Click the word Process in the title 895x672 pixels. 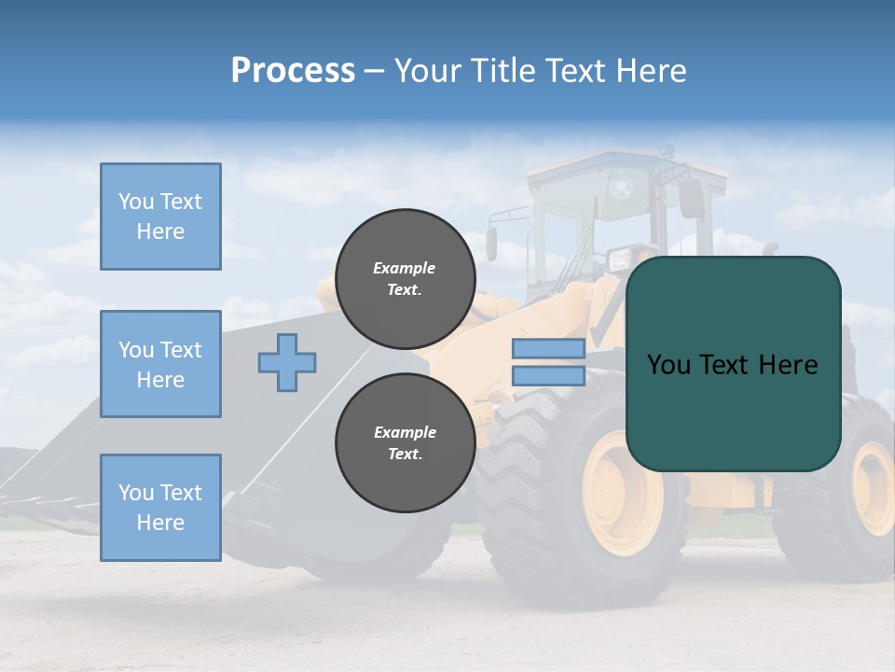[x=293, y=71]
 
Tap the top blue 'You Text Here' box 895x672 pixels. [x=160, y=217]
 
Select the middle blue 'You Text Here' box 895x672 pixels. [x=160, y=364]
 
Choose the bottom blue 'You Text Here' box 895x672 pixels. [x=160, y=508]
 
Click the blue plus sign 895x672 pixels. [x=287, y=362]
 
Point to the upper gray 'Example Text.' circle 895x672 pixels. [x=405, y=279]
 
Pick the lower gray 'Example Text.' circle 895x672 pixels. [x=405, y=443]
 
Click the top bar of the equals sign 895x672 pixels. [x=548, y=348]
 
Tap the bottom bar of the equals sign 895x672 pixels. [x=548, y=376]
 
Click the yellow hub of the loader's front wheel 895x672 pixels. [x=621, y=495]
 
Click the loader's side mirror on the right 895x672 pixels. [x=691, y=198]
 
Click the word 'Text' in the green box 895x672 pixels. [x=734, y=365]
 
